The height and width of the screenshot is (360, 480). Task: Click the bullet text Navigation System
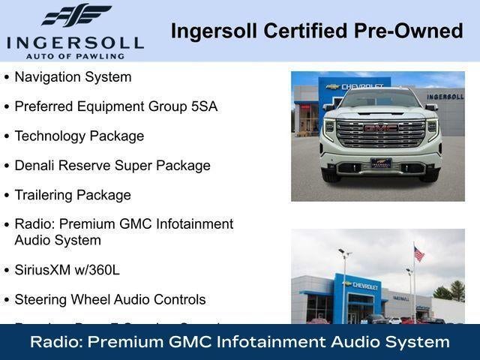73,76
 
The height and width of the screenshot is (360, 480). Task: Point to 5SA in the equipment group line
204,106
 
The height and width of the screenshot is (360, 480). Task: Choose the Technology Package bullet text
79,136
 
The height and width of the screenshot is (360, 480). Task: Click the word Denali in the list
37,166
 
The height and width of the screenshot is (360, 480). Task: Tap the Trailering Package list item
73,195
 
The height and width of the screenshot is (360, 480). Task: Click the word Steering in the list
40,299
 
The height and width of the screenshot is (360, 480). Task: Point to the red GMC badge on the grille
380,128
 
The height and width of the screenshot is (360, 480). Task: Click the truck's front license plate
380,163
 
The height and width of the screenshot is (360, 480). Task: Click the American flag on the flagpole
418,254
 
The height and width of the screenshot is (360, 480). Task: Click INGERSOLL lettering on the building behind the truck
445,97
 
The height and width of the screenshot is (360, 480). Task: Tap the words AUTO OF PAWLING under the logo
75,55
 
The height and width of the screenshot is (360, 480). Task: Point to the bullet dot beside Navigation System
7,77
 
